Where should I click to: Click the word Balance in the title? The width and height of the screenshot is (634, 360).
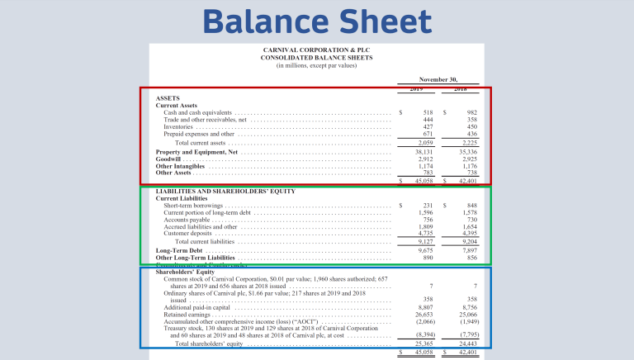263,21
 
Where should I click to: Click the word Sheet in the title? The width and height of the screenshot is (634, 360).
381,21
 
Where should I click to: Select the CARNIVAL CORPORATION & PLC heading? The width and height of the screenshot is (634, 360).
316,50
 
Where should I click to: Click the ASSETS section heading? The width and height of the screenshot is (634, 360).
168,98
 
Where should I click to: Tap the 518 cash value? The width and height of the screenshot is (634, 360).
428,112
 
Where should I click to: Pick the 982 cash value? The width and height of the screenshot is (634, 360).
472,112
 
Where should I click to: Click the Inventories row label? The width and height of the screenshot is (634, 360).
180,126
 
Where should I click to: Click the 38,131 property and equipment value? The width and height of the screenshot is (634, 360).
424,152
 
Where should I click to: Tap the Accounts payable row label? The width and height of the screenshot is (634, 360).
188,220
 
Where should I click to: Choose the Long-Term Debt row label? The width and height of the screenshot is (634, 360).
179,250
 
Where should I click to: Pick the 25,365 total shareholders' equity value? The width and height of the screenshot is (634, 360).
424,343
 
